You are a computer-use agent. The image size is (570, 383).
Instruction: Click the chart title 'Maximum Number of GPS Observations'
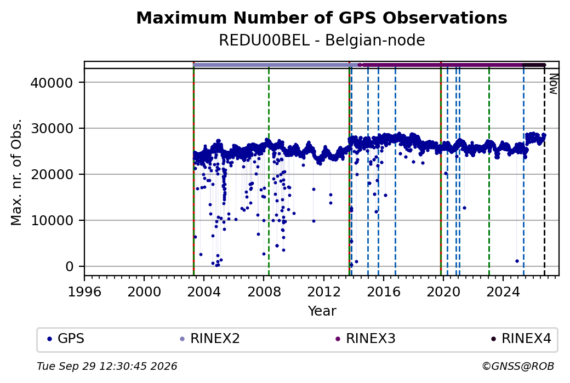(x=322, y=18)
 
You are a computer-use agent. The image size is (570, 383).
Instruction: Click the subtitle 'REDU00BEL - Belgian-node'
(x=322, y=40)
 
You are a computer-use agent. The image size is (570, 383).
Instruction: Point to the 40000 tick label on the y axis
(x=52, y=83)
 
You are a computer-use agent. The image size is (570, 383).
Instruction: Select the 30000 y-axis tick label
(x=52, y=129)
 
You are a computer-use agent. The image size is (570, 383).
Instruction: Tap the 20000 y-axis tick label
(x=52, y=175)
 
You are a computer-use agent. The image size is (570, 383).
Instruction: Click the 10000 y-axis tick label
(x=52, y=221)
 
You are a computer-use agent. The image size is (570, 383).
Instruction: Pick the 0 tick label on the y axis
(x=70, y=267)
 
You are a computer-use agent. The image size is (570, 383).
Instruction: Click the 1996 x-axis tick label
(x=84, y=291)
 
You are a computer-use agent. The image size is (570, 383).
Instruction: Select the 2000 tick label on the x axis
(x=144, y=291)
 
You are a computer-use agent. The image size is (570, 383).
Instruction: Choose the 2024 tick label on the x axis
(x=503, y=291)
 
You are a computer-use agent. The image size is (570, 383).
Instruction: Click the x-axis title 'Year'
(x=322, y=311)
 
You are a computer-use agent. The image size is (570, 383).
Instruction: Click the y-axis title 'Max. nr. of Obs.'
(x=16, y=172)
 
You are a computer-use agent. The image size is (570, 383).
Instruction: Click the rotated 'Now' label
(x=553, y=84)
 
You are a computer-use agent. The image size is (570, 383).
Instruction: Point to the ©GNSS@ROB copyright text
(x=518, y=366)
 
